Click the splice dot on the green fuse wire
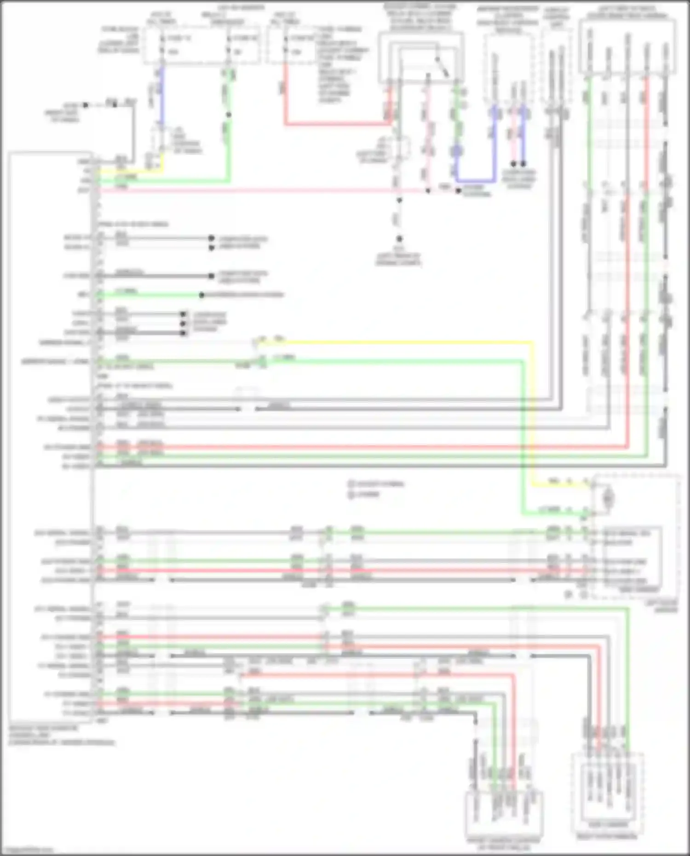click(229, 115)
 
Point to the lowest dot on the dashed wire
click(399, 239)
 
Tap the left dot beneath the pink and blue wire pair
click(513, 164)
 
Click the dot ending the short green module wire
click(201, 295)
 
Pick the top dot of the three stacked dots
click(183, 314)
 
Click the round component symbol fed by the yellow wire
click(608, 497)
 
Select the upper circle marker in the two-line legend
click(351, 484)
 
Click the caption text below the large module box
click(62, 735)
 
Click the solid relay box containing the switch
click(420, 57)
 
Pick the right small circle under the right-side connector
click(584, 595)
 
